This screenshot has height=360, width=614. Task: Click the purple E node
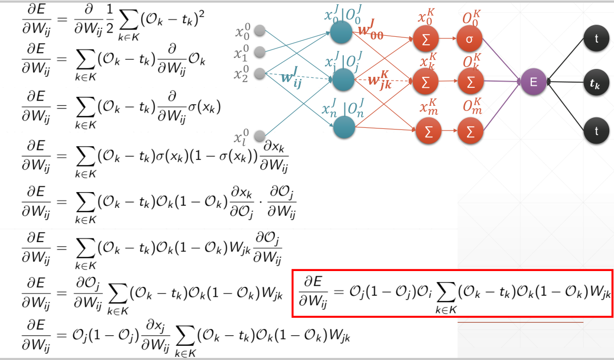coord(533,82)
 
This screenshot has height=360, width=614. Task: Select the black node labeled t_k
coord(596,82)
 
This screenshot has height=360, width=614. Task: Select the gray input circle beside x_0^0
coord(259,32)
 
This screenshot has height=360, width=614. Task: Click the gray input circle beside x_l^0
coord(259,136)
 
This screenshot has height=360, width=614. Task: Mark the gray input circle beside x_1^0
coord(259,52)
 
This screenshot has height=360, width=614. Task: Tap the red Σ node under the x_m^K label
coord(428,132)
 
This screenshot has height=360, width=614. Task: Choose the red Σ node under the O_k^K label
coord(470,81)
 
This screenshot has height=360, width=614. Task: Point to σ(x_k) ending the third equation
coord(204,107)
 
